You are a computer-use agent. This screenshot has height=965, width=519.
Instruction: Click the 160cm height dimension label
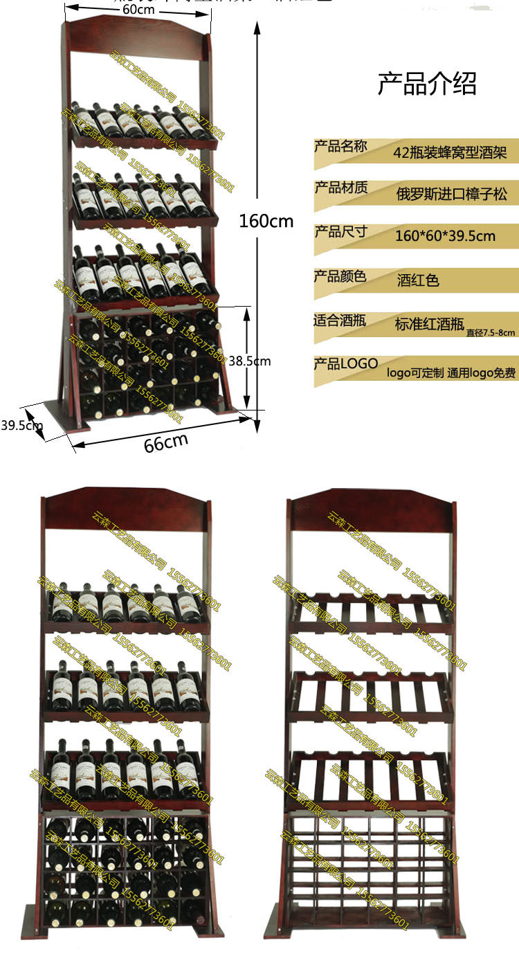click(266, 222)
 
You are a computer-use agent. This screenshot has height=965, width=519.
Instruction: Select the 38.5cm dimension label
click(250, 361)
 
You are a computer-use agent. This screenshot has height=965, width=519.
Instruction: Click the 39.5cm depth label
click(21, 425)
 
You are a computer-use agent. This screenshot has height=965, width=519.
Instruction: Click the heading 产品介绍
click(427, 84)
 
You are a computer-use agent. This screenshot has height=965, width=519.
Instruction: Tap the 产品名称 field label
click(340, 146)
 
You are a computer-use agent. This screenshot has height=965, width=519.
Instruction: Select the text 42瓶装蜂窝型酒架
click(450, 152)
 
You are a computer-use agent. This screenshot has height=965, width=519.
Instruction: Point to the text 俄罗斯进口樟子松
click(451, 194)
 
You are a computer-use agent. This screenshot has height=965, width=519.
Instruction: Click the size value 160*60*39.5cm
click(445, 235)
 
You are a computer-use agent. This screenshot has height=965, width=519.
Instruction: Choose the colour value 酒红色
click(418, 280)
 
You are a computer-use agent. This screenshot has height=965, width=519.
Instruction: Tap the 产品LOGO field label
click(346, 363)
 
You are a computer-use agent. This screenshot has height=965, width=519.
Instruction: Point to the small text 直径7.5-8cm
click(491, 332)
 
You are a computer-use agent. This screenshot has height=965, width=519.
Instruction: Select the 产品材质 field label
click(340, 188)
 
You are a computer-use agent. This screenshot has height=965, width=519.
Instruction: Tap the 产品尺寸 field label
click(340, 231)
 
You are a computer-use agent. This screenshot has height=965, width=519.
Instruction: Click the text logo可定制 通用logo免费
click(451, 373)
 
